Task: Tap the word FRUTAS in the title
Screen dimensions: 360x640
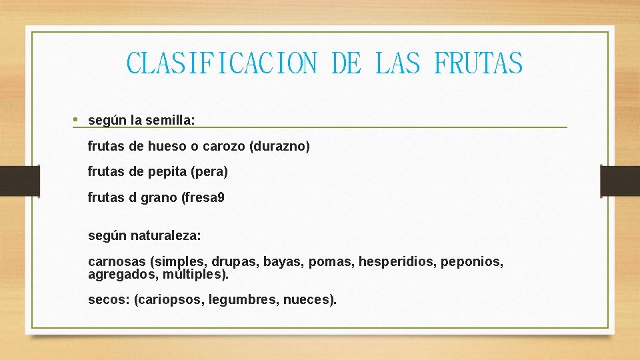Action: click(x=478, y=64)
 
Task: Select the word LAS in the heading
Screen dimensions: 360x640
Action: click(x=398, y=64)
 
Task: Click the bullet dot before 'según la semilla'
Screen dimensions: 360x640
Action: click(x=76, y=119)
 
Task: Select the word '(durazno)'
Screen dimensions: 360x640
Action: click(x=279, y=146)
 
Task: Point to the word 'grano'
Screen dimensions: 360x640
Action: click(x=161, y=198)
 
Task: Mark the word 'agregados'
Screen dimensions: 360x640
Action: click(x=117, y=274)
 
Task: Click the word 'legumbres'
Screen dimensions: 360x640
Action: click(x=243, y=300)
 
